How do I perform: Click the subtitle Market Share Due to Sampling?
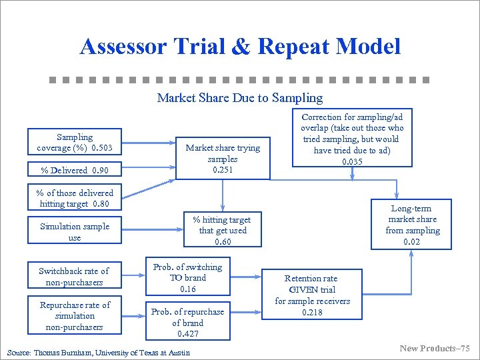coord(239,98)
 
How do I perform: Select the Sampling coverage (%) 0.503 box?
coord(75,142)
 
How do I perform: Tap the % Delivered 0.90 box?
coord(75,170)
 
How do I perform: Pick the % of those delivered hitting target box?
coord(75,198)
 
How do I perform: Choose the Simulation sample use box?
coord(75,232)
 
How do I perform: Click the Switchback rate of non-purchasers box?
coord(74,277)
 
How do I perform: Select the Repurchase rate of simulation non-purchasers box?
coord(75,316)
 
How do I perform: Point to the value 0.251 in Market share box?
coord(223,170)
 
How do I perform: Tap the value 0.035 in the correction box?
coord(352,162)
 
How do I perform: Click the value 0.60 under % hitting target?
coord(223,241)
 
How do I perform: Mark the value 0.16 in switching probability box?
coord(188,289)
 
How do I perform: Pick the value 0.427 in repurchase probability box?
coord(188,333)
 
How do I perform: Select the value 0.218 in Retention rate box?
coord(311,312)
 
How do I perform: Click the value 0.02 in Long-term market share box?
coord(412,241)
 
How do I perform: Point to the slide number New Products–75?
coord(435,349)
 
